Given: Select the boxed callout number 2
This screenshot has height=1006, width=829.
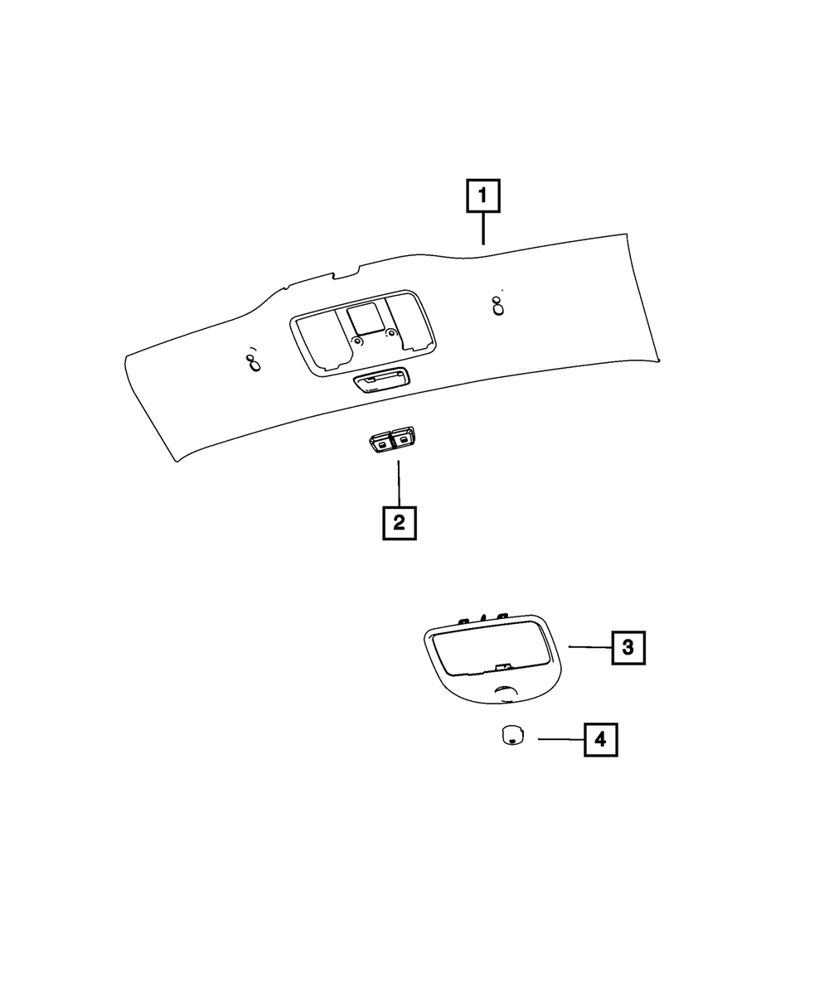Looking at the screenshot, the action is click(x=399, y=523).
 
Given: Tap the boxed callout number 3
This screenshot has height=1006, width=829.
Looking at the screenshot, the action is click(x=628, y=646).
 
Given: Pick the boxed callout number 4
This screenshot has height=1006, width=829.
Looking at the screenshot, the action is click(x=601, y=739).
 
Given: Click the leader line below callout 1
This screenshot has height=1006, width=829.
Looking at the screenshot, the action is click(x=483, y=229).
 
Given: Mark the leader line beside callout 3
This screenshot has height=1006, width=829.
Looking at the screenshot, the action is click(x=589, y=646).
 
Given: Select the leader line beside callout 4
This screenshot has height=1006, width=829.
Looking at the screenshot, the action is click(x=560, y=739).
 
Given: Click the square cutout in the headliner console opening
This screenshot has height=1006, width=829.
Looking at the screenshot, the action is click(x=364, y=319).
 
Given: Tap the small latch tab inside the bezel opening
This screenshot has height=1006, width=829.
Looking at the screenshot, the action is click(x=500, y=666).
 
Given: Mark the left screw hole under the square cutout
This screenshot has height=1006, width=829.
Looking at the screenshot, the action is click(x=357, y=341).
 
